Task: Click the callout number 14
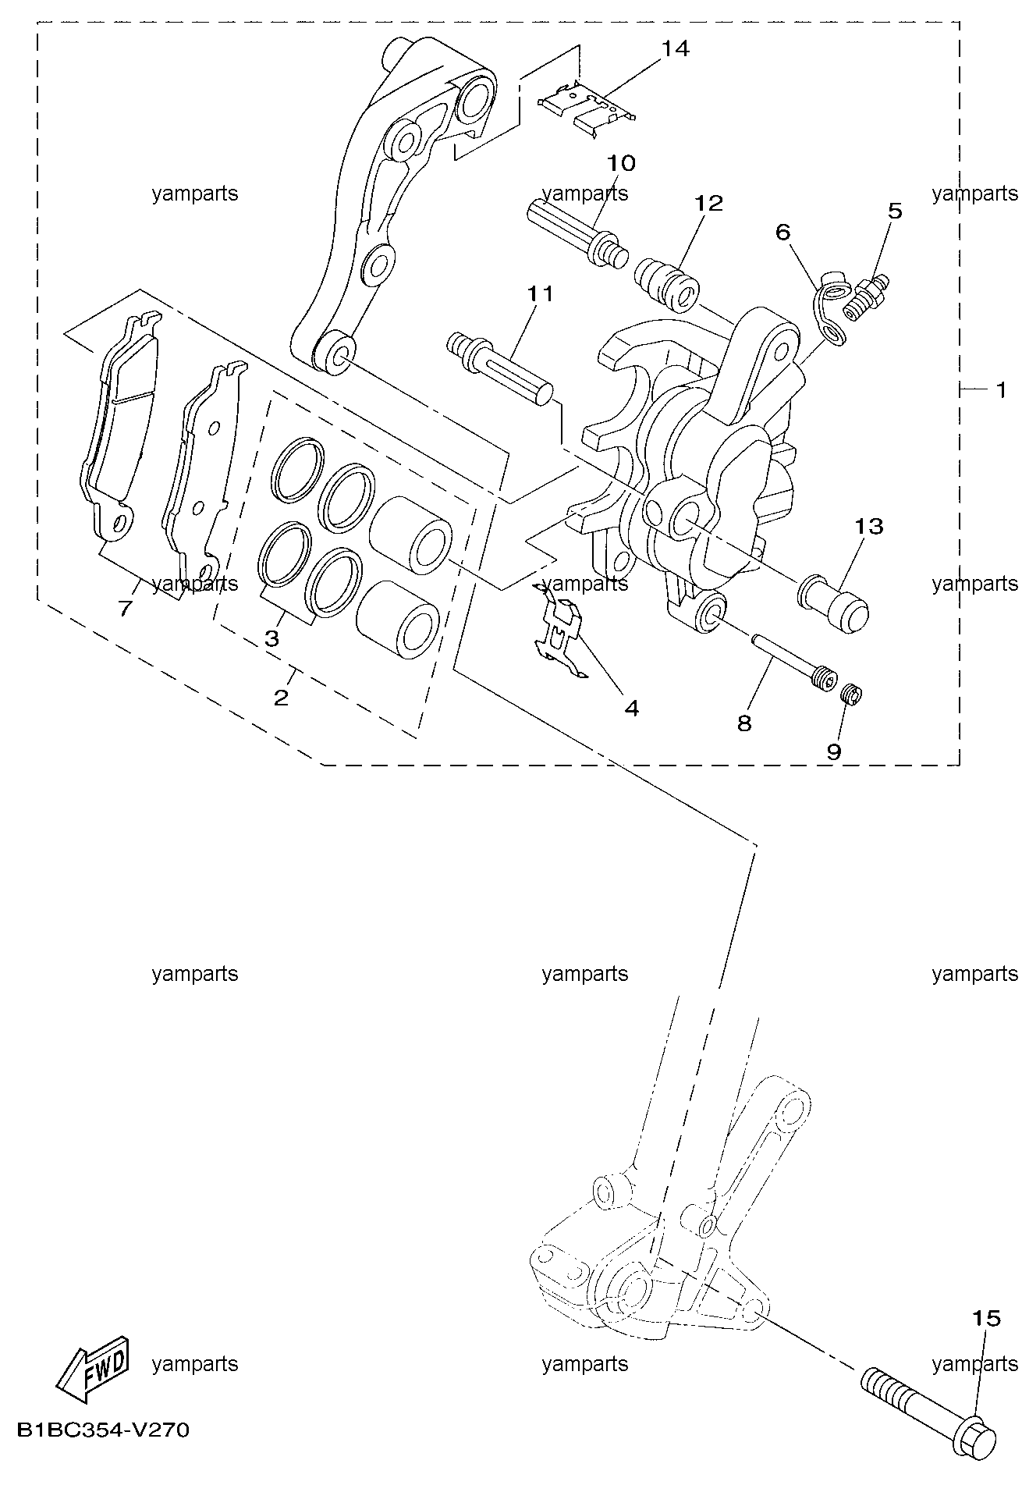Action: [x=676, y=48]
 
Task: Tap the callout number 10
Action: [x=622, y=163]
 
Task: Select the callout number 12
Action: [x=709, y=203]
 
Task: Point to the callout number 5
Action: [x=895, y=211]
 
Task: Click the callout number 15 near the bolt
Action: [x=986, y=1319]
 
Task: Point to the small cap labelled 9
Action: [x=852, y=694]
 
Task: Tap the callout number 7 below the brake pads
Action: [x=125, y=608]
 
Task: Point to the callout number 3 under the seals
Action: [x=271, y=638]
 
